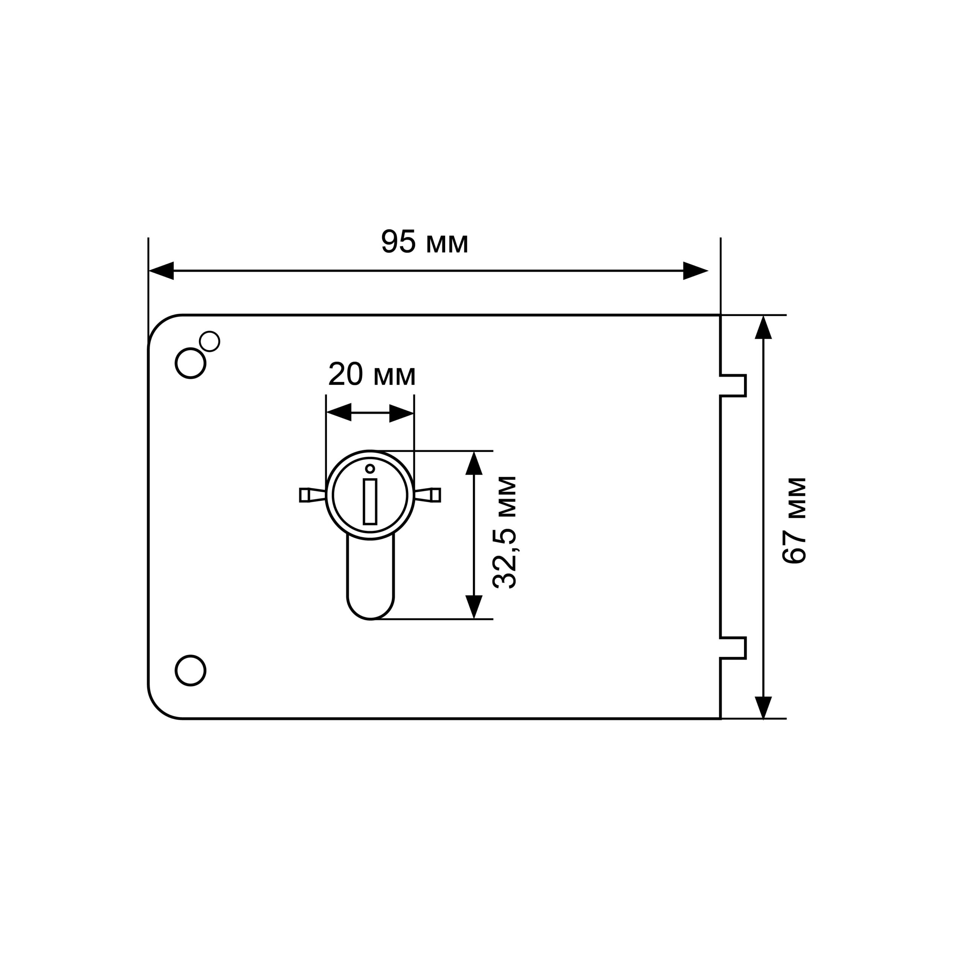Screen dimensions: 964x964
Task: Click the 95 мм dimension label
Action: tap(425, 242)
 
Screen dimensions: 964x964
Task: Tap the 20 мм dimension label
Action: tap(372, 374)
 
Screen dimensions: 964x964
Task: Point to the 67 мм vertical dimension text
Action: tap(794, 521)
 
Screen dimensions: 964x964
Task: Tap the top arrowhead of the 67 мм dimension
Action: tap(763, 327)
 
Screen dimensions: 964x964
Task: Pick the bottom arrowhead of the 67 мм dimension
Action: tap(763, 708)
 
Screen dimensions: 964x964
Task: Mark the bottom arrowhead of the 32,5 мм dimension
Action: tap(473, 607)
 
